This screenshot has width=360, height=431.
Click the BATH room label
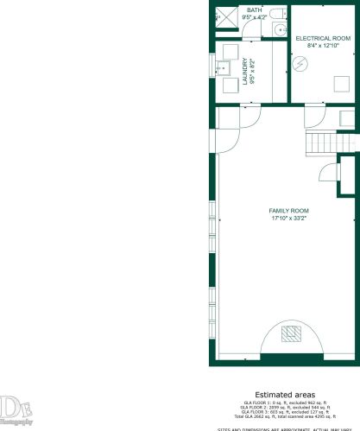(255, 10)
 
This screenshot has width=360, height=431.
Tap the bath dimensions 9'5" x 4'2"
(255, 16)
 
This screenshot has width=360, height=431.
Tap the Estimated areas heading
(284, 393)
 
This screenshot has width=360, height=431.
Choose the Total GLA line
(284, 416)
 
